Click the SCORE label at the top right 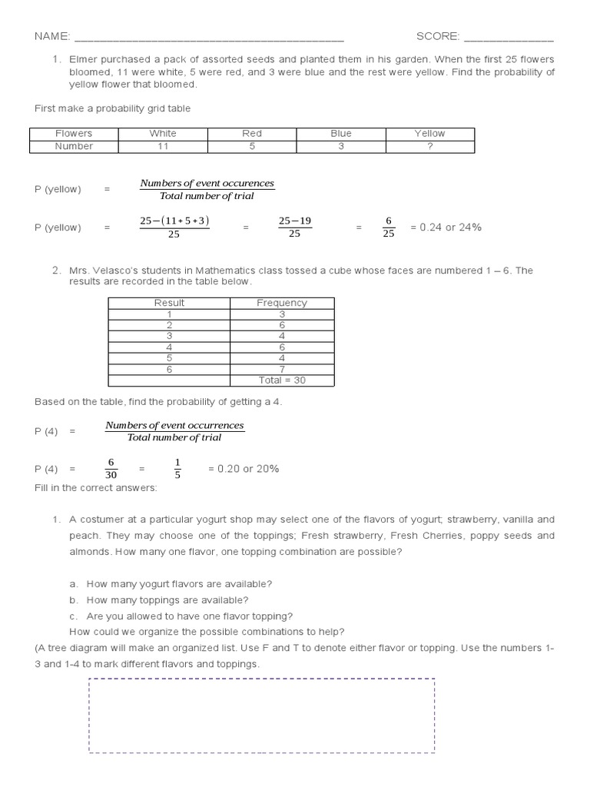[x=437, y=36]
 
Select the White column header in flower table [x=162, y=133]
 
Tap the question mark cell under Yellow [x=429, y=146]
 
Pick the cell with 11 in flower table [x=162, y=146]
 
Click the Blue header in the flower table [x=340, y=133]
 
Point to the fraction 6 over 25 [x=388, y=227]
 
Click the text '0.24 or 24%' [x=446, y=227]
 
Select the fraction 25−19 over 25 [x=294, y=227]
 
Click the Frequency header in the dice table [x=281, y=303]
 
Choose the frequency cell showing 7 [x=281, y=369]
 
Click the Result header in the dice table [x=169, y=303]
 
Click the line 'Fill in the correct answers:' [x=95, y=488]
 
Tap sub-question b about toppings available [x=167, y=599]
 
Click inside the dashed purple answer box [x=261, y=716]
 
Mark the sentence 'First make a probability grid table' [x=112, y=108]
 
